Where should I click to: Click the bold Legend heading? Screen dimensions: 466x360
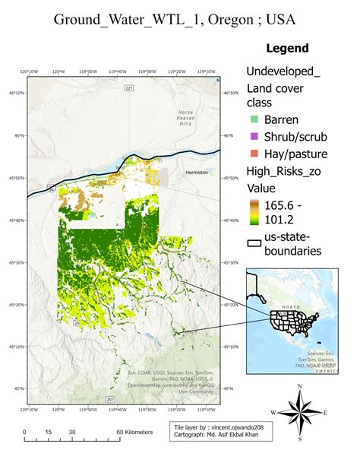click(287, 49)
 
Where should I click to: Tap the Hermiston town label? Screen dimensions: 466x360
click(197, 173)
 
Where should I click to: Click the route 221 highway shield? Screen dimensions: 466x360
click(129, 88)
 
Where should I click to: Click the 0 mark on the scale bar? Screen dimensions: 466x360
click(24, 432)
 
